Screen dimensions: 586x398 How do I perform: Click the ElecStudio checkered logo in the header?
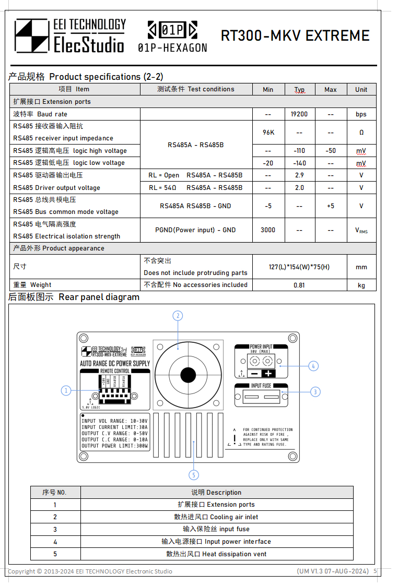[31, 35]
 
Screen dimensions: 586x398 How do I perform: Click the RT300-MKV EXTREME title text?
[295, 35]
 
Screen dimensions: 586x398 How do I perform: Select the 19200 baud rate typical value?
[299, 114]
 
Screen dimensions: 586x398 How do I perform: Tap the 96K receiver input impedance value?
[268, 133]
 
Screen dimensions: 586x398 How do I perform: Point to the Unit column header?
[361, 89]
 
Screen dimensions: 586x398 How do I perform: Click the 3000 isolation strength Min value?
[268, 230]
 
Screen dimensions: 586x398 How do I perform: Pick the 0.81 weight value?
[299, 285]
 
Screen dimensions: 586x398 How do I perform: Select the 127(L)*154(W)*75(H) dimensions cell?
[299, 267]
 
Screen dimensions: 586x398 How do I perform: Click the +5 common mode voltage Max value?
[331, 206]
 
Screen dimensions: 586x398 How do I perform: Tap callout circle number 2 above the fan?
[178, 316]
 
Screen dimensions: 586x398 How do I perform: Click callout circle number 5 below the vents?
[194, 475]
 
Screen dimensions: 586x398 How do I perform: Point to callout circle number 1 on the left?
[66, 390]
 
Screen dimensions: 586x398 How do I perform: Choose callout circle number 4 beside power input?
[313, 366]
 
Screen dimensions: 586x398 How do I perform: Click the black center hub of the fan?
[188, 375]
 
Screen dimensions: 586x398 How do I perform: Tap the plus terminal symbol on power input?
[268, 374]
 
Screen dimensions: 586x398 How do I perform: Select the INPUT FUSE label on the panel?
[261, 386]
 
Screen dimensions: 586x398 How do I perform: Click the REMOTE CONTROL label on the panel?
[115, 371]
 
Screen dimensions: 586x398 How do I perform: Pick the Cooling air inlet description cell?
[216, 517]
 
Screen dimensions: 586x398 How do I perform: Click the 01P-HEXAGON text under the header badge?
[172, 48]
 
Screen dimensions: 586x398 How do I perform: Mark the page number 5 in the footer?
[375, 571]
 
